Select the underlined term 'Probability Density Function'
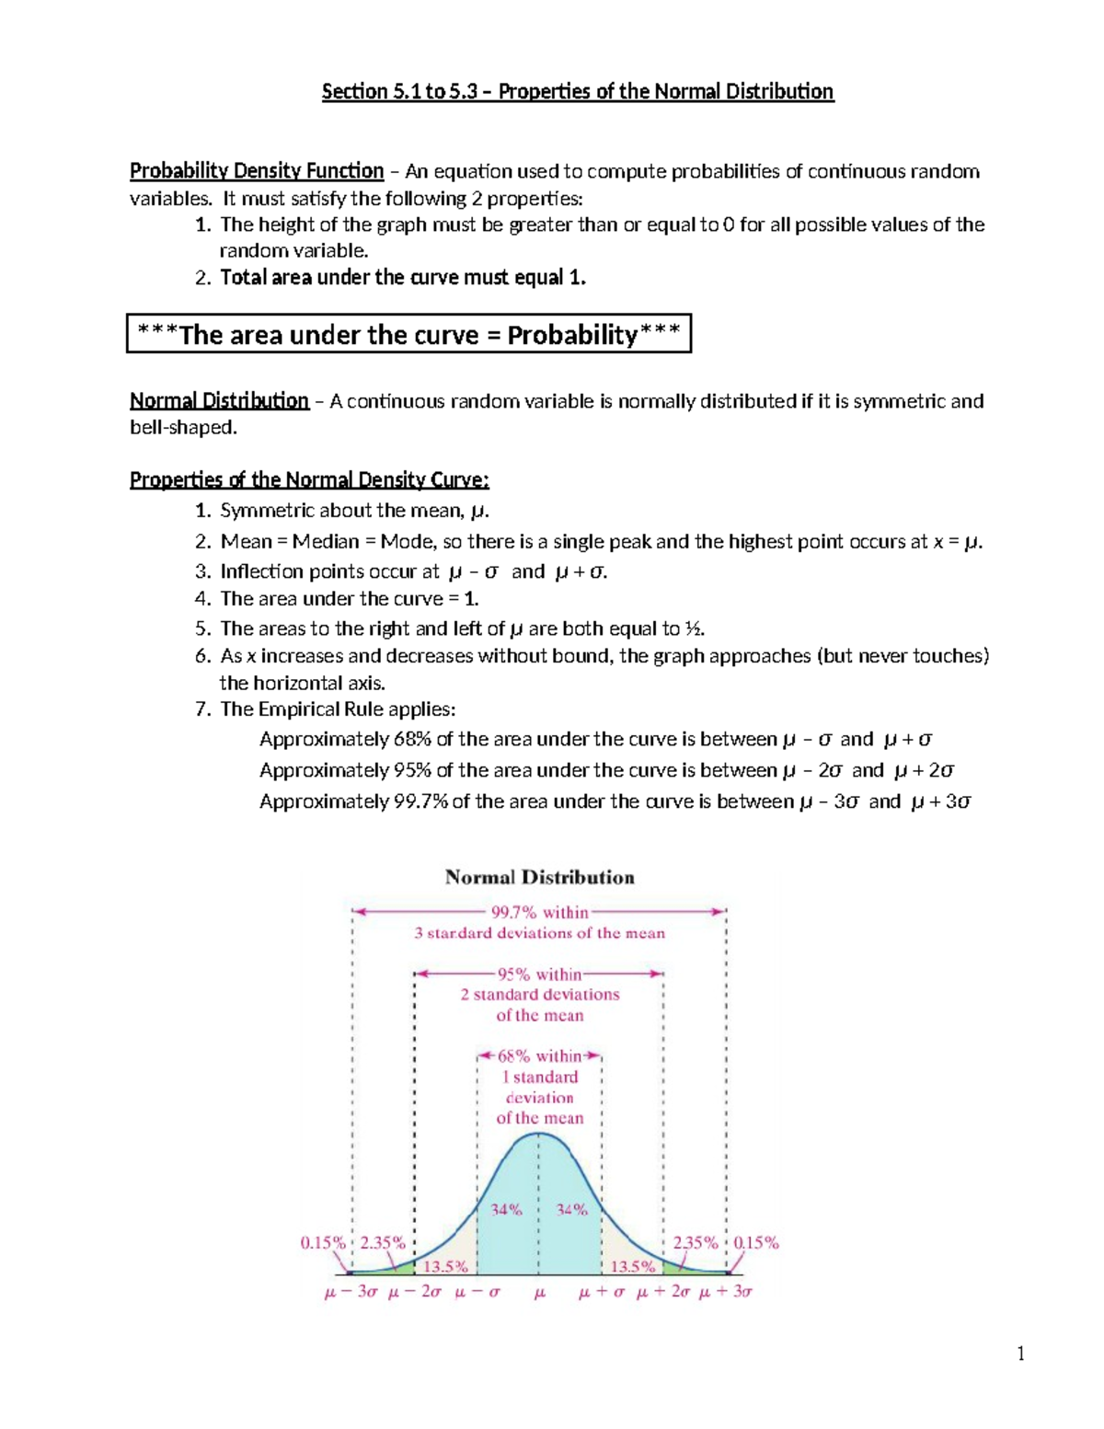[256, 171]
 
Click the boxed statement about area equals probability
[408, 334]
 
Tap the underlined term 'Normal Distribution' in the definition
[219, 401]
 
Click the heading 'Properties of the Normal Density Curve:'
[309, 480]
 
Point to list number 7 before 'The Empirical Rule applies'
[202, 709]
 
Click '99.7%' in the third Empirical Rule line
[420, 801]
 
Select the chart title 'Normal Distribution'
[539, 877]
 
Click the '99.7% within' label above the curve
[539, 913]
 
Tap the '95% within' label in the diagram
[539, 974]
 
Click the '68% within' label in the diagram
[539, 1056]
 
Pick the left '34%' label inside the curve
[506, 1209]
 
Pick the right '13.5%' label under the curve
[633, 1266]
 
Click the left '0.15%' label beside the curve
[323, 1242]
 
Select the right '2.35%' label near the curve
[696, 1242]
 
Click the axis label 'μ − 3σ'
[351, 1292]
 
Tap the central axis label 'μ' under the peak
[540, 1293]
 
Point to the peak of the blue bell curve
[539, 1134]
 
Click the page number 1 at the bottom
[1020, 1353]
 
